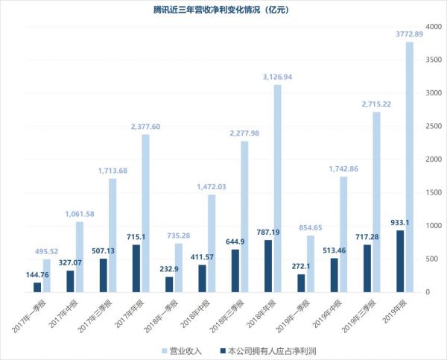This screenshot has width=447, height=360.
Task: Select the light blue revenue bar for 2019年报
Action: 410,167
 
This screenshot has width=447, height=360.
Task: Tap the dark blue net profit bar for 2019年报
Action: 399,261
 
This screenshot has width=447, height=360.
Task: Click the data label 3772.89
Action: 410,34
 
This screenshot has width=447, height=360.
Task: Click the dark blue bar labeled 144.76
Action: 37,287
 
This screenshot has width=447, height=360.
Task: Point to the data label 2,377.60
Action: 147,126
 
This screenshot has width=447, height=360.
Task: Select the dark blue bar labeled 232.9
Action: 168,284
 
